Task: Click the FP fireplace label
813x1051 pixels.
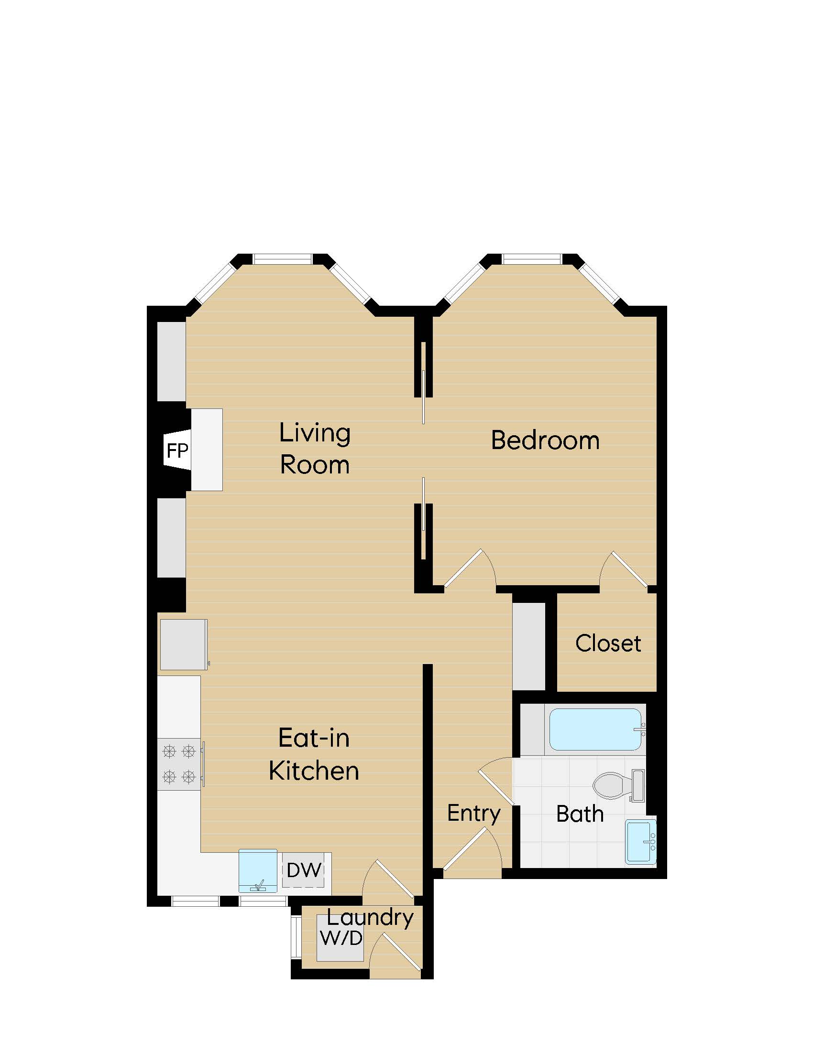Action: click(177, 451)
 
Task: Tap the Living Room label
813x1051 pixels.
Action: click(315, 449)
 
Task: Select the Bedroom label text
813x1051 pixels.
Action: click(545, 440)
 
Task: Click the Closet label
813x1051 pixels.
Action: click(608, 643)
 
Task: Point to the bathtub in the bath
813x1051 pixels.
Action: click(595, 729)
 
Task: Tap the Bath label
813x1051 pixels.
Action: click(580, 814)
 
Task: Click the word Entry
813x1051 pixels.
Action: click(474, 813)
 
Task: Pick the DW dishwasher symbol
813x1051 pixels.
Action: click(304, 869)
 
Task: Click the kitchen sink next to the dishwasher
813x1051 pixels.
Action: click(258, 870)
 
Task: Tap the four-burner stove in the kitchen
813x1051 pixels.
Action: click(179, 764)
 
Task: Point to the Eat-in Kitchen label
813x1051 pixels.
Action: click(314, 754)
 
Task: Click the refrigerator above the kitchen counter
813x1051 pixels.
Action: click(183, 644)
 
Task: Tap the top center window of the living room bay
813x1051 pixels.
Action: click(283, 259)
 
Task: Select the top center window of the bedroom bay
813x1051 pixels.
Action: click(532, 259)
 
